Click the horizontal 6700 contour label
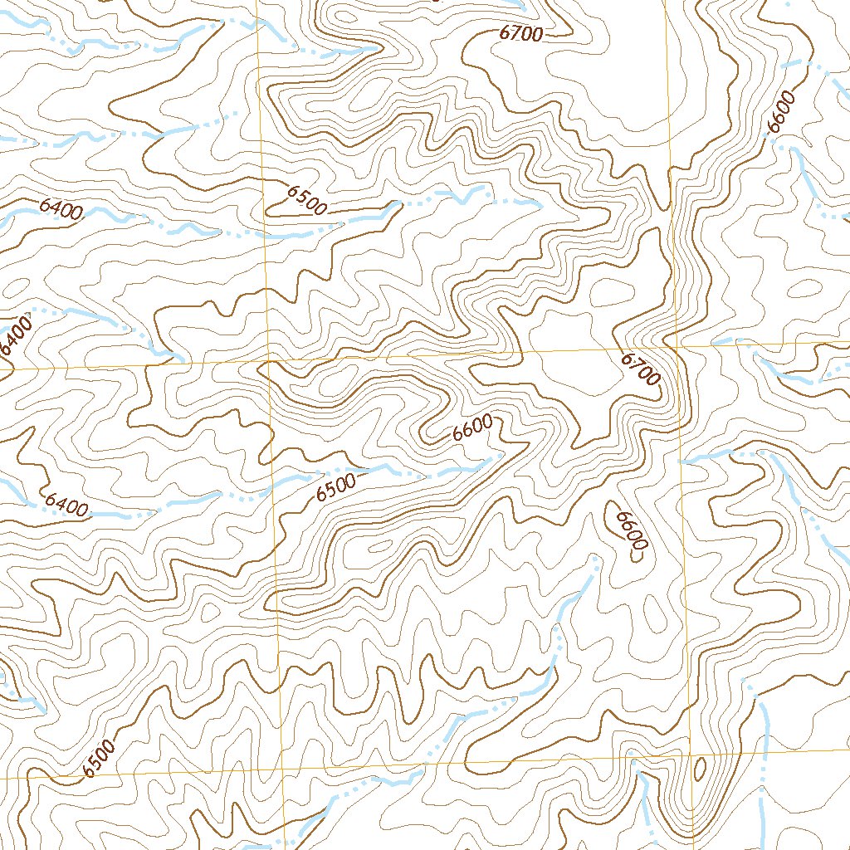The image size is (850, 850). pyautogui.click(x=521, y=34)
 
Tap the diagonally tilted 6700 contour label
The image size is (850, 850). pyautogui.click(x=640, y=369)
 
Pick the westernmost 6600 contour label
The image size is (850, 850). pyautogui.click(x=473, y=428)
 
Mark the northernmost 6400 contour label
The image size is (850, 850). pyautogui.click(x=61, y=208)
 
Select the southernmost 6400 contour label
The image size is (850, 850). pyautogui.click(x=66, y=504)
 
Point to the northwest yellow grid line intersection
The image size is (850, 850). pyautogui.click(x=270, y=363)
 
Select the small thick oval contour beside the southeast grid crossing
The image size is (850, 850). pyautogui.click(x=699, y=769)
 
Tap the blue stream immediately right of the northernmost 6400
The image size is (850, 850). pyautogui.click(x=108, y=217)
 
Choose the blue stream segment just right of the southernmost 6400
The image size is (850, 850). pyautogui.click(x=116, y=515)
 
